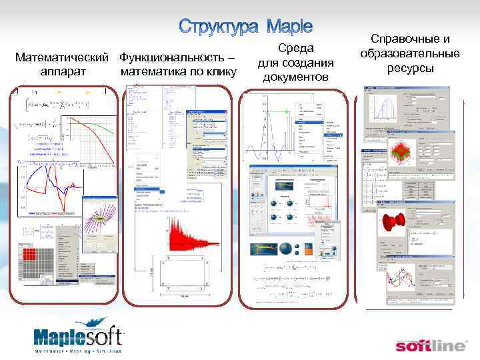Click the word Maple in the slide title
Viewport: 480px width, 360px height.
click(289, 27)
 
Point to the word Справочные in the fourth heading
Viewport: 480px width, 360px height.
click(410, 39)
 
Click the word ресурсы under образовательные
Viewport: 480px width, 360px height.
click(410, 68)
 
